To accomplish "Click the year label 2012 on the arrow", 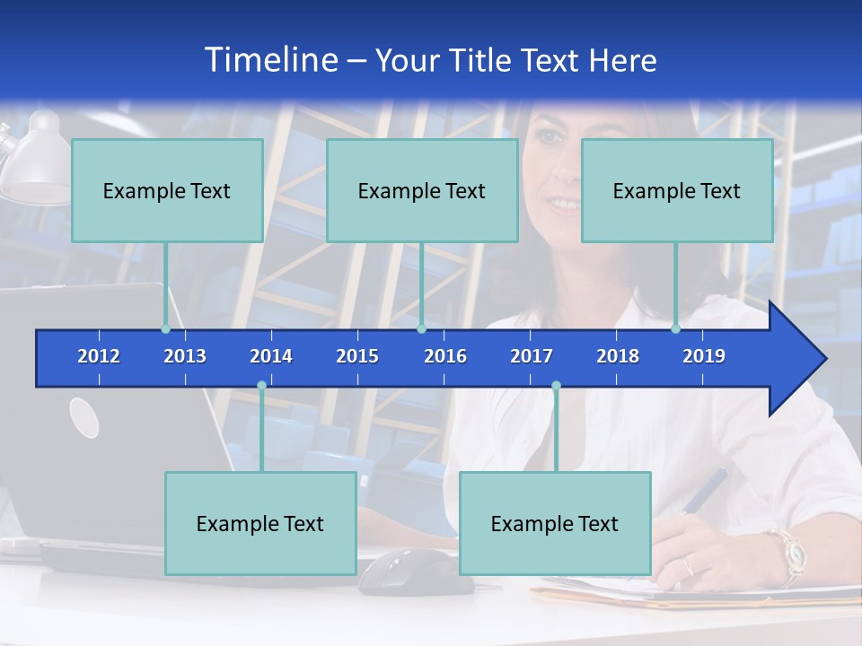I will click(99, 356).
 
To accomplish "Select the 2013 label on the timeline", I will click(185, 356).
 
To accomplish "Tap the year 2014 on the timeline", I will click(271, 356).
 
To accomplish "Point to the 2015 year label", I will click(357, 356).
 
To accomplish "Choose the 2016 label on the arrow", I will click(445, 356).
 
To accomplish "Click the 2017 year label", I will click(532, 356).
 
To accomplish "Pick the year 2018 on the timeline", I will click(618, 356).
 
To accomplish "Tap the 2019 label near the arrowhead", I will click(704, 356).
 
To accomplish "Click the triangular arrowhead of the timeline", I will click(795, 359).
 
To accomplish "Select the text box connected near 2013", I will click(167, 190).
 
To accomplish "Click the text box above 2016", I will click(422, 190).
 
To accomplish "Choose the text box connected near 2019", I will click(677, 190).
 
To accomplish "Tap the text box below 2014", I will click(260, 523).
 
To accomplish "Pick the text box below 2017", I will click(555, 523).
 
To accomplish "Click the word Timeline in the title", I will click(269, 60).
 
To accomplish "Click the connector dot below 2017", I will click(556, 386).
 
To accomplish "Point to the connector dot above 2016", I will click(421, 328).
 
